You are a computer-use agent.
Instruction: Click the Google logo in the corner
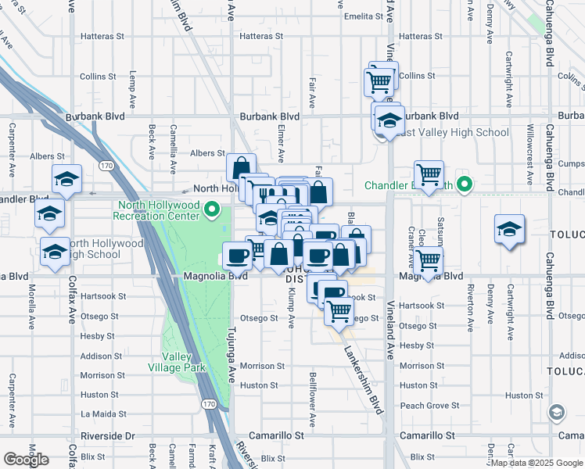pos(26,460)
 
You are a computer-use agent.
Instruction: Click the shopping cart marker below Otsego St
pos(339,310)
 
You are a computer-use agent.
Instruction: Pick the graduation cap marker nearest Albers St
pos(67,179)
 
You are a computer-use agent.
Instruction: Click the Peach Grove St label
pos(429,406)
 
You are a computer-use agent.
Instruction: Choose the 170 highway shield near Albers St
pos(106,165)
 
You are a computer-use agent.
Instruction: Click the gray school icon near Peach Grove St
pos(556,412)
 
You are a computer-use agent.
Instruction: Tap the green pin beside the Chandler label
pos(465,185)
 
